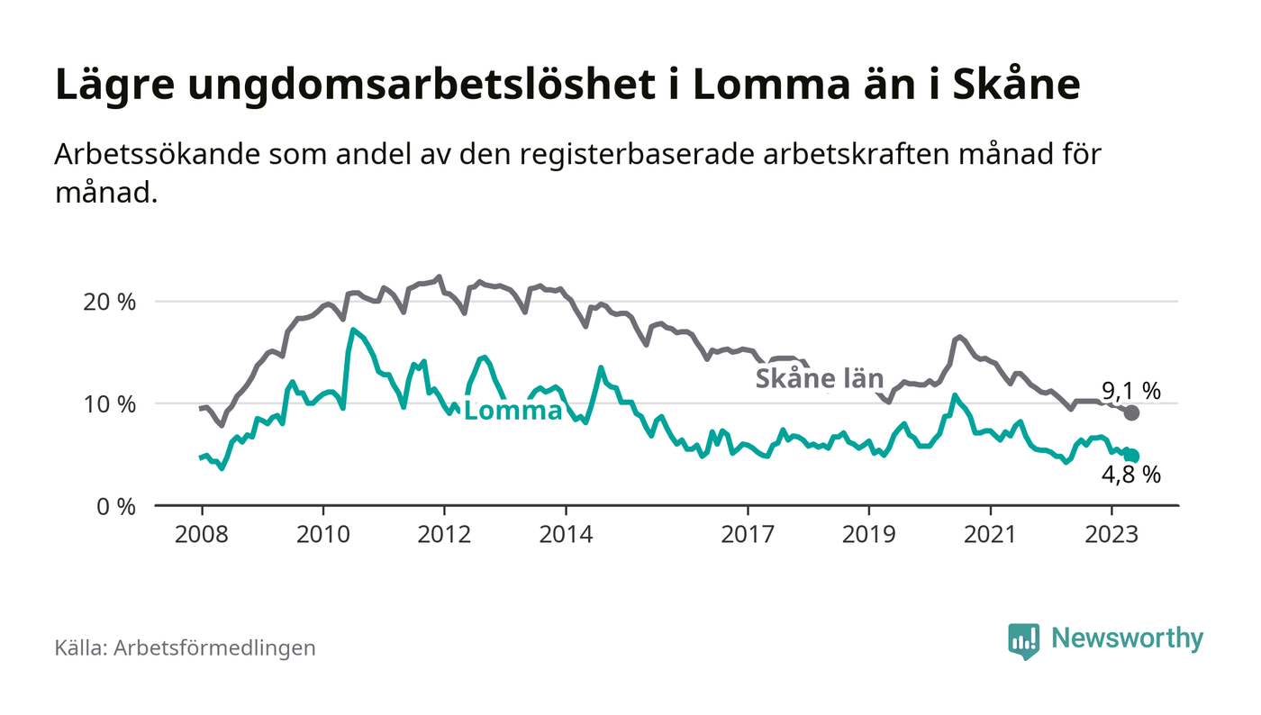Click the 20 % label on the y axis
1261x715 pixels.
(x=110, y=302)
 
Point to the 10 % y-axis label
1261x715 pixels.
(x=110, y=403)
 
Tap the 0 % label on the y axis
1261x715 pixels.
(x=116, y=506)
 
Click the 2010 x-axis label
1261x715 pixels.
(x=322, y=534)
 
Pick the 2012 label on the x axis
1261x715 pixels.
(x=444, y=534)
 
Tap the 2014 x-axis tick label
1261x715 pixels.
(x=566, y=534)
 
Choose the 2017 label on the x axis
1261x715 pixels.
(x=748, y=534)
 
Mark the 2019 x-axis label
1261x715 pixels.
(x=868, y=534)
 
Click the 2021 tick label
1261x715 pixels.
(x=990, y=534)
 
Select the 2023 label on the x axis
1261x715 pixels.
(x=1111, y=534)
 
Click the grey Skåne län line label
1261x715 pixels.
(x=819, y=378)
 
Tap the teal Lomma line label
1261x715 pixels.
(x=513, y=412)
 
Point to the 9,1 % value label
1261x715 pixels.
(x=1131, y=391)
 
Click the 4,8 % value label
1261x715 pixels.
(x=1131, y=475)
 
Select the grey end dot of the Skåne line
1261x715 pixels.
(x=1132, y=412)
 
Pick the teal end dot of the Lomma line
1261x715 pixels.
(x=1132, y=457)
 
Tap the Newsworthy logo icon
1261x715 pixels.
(x=1023, y=640)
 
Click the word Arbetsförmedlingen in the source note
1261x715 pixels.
(x=215, y=647)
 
